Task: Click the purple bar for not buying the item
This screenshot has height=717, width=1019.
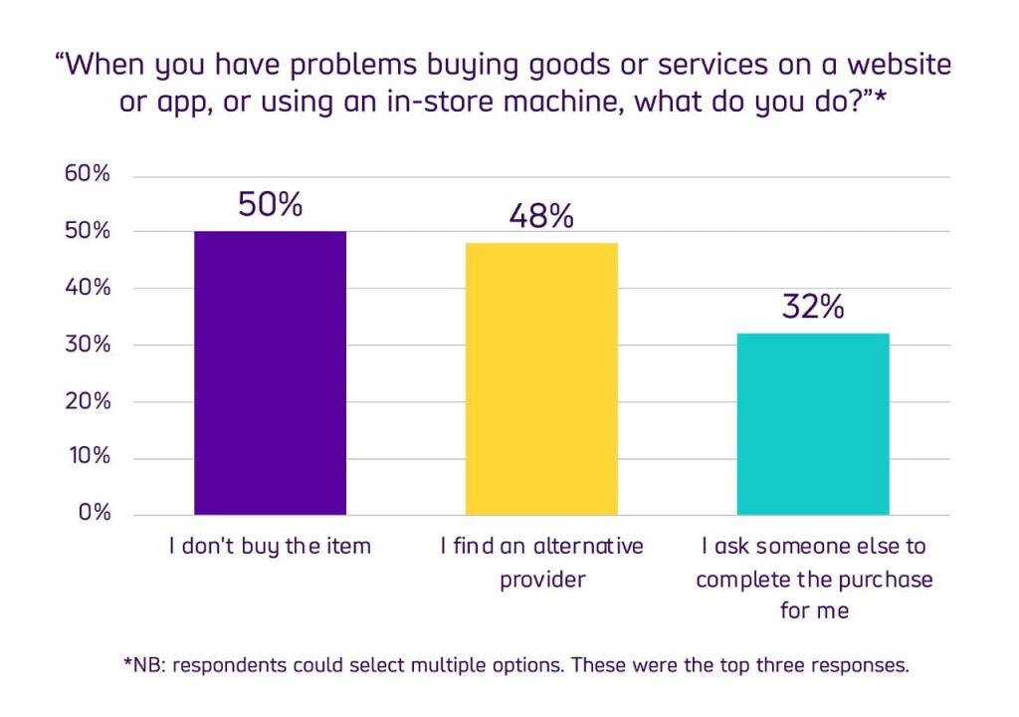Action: [270, 373]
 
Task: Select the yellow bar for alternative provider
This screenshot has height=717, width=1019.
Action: [541, 379]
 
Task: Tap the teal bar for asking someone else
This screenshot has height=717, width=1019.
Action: [813, 424]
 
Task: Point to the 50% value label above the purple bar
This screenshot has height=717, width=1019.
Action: [270, 204]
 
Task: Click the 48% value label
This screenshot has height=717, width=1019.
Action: [541, 216]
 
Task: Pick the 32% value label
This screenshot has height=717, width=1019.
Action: [813, 306]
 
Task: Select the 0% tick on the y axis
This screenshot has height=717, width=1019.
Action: [94, 514]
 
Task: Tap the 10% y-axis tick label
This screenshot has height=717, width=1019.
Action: [89, 458]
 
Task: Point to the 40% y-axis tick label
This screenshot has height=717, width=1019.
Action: [88, 288]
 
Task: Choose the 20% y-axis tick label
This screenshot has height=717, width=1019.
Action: [88, 401]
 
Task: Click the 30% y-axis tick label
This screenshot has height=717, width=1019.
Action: [88, 345]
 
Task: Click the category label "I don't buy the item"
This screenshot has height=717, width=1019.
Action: [270, 547]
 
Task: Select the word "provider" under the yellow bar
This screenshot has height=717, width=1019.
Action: [542, 579]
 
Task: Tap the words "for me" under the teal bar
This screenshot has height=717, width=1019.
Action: [814, 610]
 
